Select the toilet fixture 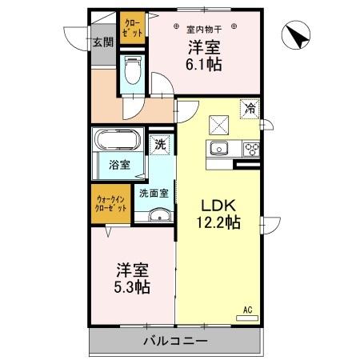134,74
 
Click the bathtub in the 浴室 117,142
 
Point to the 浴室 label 119,166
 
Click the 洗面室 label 154,193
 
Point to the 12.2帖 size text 217,223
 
